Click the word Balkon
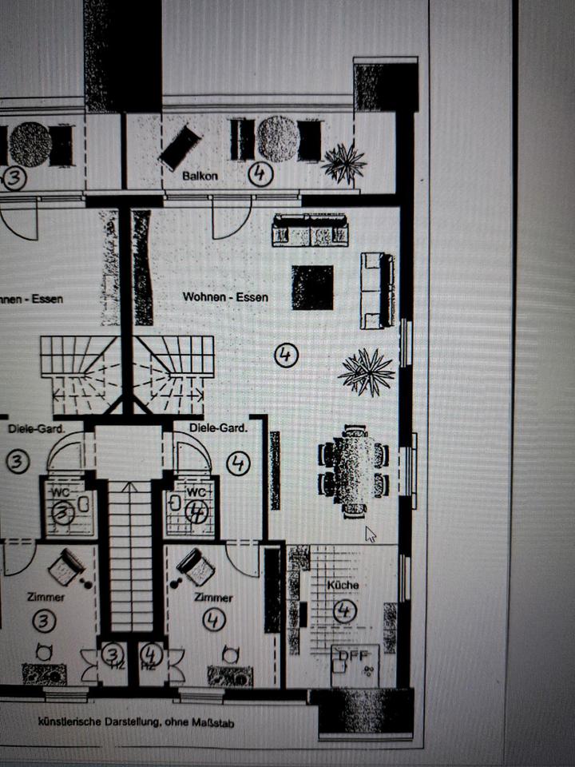pyautogui.click(x=200, y=175)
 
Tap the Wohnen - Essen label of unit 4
pyautogui.click(x=225, y=297)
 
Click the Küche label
pyautogui.click(x=343, y=585)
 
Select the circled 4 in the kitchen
pyautogui.click(x=344, y=612)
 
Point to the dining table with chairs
pyautogui.click(x=354, y=471)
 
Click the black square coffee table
pyautogui.click(x=312, y=288)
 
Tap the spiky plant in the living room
pyautogui.click(x=366, y=372)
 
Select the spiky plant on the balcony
pyautogui.click(x=343, y=163)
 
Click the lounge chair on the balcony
pyautogui.click(x=180, y=147)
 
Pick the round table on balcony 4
pyautogui.click(x=277, y=139)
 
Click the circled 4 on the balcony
pyautogui.click(x=260, y=174)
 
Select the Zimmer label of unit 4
pyautogui.click(x=213, y=598)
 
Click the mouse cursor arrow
pyautogui.click(x=370, y=534)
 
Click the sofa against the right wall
pyautogui.click(x=377, y=290)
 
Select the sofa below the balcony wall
pyautogui.click(x=310, y=229)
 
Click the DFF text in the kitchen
pyautogui.click(x=350, y=656)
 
